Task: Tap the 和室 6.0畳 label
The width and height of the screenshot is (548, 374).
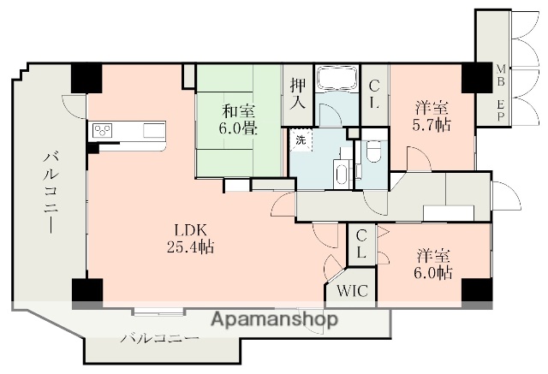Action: [x=239, y=120]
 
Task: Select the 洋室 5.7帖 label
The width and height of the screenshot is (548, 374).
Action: [x=432, y=116]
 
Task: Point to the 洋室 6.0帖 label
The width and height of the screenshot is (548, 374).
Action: [x=433, y=264]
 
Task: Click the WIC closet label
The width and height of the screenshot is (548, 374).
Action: [x=352, y=290]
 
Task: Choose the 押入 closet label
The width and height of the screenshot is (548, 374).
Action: [x=298, y=94]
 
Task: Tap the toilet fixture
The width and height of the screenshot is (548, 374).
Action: [x=373, y=152]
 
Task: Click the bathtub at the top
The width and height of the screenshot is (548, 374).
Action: [x=337, y=79]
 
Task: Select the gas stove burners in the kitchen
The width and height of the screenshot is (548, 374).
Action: [x=103, y=131]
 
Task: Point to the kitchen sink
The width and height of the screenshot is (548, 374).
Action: [x=154, y=131]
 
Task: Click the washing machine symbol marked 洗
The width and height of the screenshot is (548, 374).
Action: [x=301, y=140]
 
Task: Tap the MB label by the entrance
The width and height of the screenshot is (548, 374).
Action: [x=501, y=74]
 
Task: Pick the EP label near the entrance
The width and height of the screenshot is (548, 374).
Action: [x=501, y=110]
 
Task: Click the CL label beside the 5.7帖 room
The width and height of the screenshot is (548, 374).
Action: [x=374, y=94]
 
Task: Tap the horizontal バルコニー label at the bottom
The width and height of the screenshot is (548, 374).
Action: [x=160, y=338]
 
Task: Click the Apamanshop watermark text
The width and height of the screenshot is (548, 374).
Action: [x=275, y=319]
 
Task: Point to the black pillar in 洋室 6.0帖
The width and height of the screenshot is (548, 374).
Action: [x=477, y=290]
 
